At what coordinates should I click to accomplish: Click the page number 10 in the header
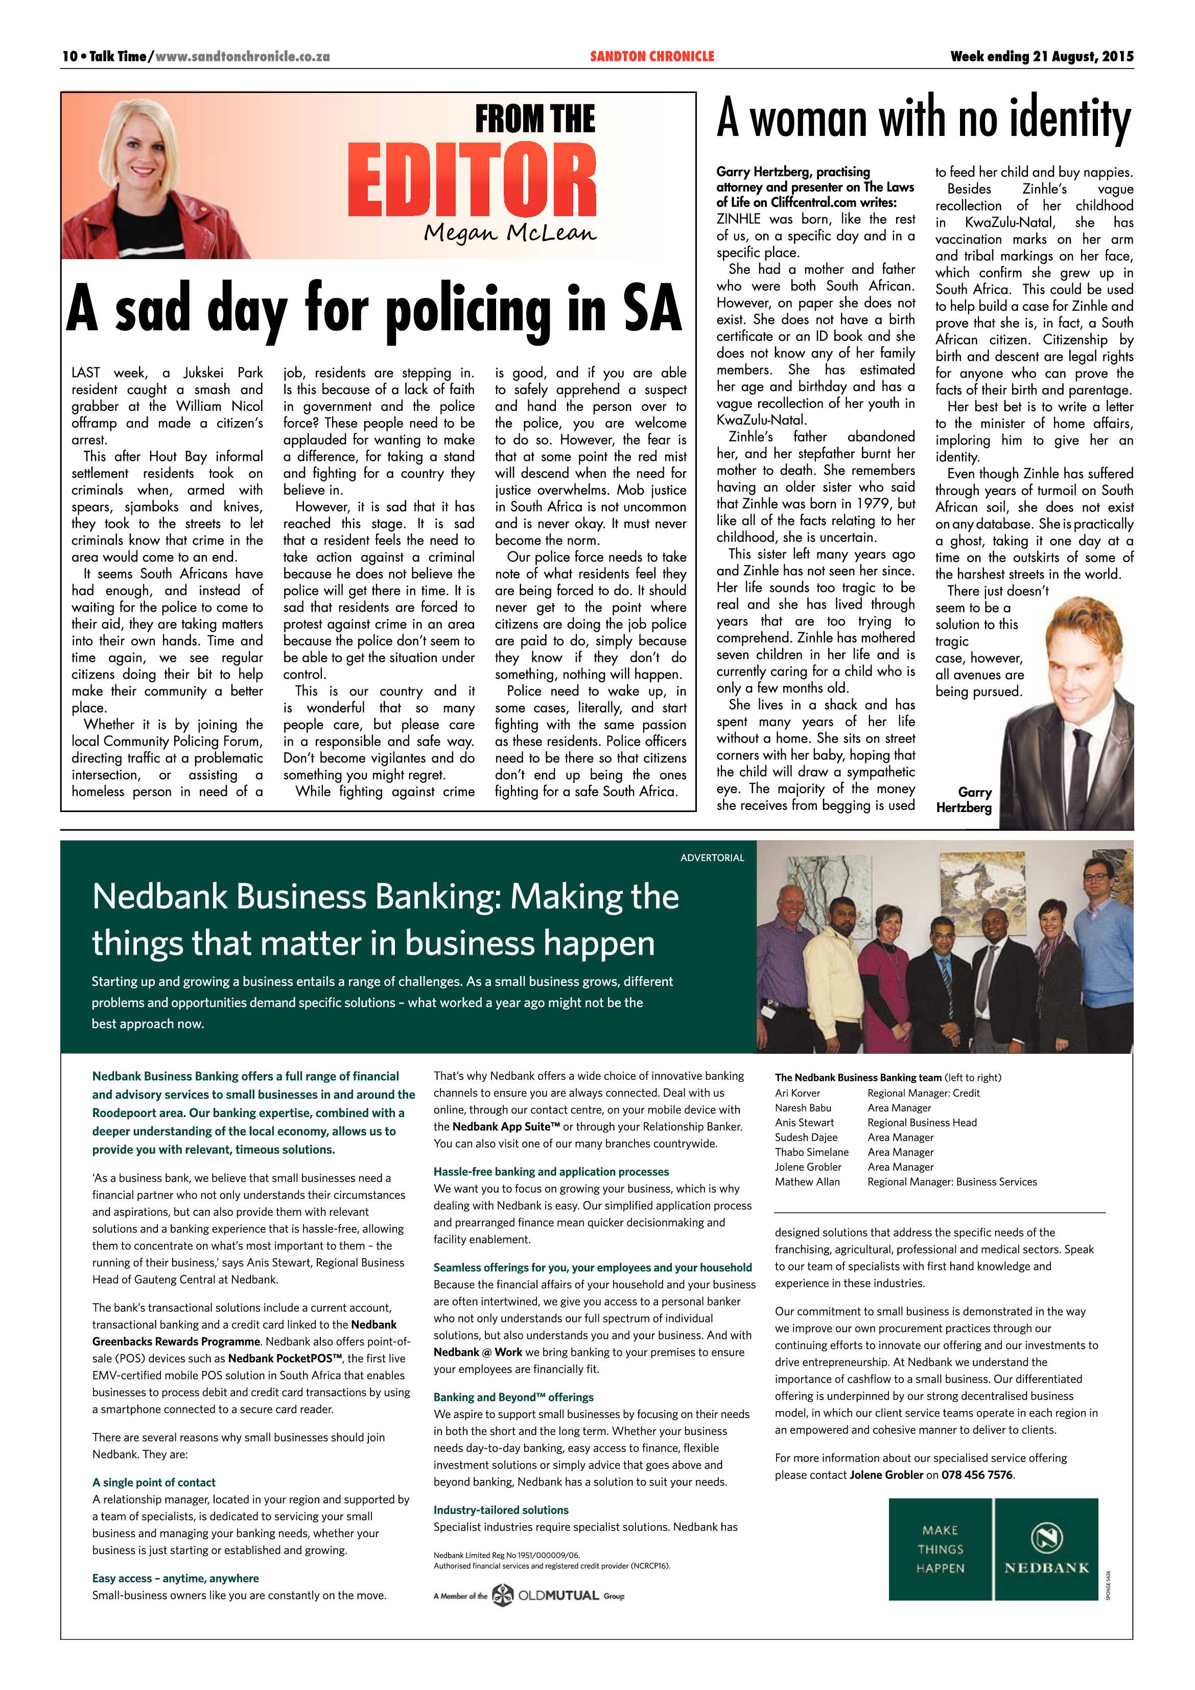click(69, 57)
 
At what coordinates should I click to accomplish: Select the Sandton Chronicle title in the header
click(651, 57)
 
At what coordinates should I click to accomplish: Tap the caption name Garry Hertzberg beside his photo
click(964, 799)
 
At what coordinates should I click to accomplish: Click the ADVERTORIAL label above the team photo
click(712, 858)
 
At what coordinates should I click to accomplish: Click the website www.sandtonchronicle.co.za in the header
click(243, 57)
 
